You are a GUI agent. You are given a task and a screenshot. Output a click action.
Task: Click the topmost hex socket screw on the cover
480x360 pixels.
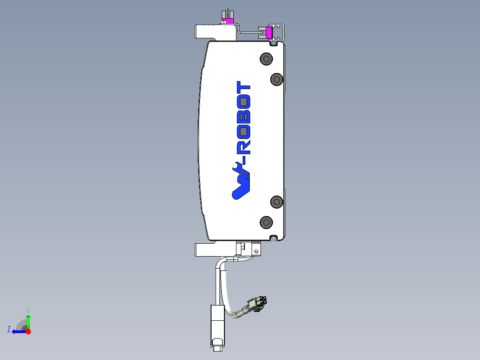coord(266,59)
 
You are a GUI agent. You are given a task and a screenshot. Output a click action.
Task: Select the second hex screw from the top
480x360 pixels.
coord(277,79)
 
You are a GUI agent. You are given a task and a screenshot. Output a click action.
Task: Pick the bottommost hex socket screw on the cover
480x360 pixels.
coord(266,222)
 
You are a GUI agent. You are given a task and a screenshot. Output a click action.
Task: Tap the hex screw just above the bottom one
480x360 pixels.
coord(277,202)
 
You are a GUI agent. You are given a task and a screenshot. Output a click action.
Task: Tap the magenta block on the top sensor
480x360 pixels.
coord(229,20)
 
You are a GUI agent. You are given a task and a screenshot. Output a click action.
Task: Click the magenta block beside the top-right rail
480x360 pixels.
coord(268,32)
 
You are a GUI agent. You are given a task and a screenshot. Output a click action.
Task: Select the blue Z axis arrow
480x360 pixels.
coord(18,331)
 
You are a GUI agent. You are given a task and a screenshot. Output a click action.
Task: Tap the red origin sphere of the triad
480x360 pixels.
coord(28,331)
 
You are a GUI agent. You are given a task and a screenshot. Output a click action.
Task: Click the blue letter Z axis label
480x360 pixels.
coord(9,329)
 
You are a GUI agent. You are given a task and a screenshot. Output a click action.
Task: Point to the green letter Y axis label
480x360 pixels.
coord(28,309)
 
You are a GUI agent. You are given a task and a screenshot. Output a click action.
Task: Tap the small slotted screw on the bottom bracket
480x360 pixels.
coord(256,251)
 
